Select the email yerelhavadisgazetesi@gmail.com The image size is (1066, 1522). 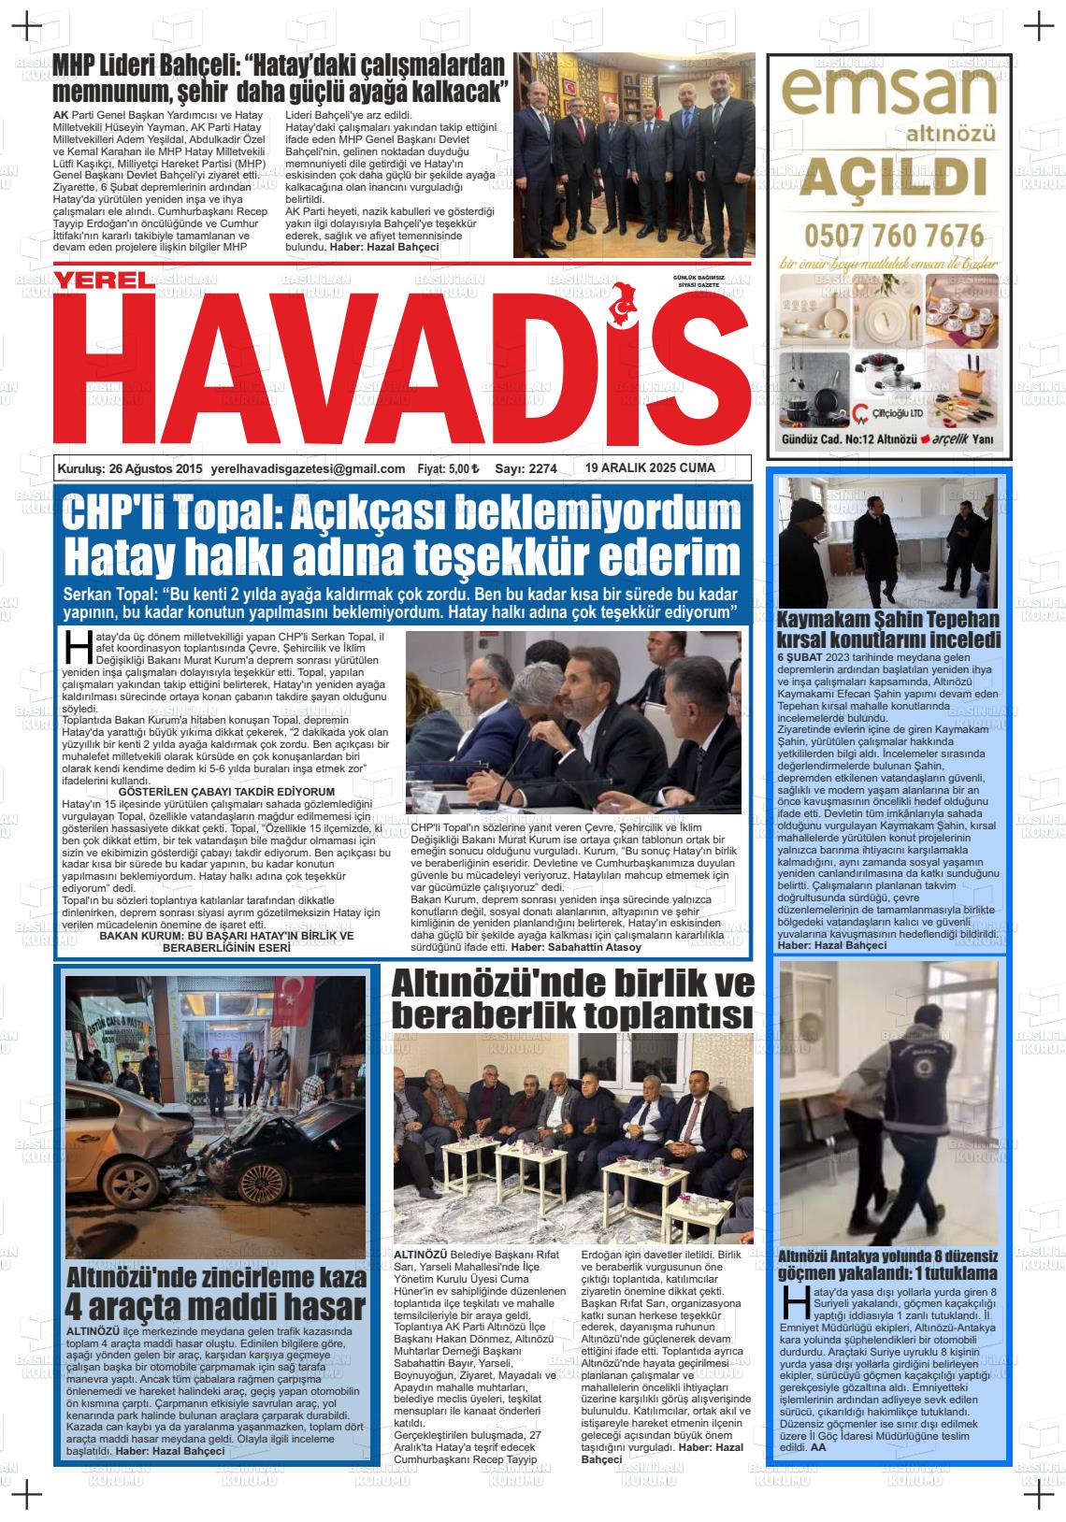[x=308, y=469]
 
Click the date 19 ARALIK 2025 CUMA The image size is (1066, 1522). [x=650, y=468]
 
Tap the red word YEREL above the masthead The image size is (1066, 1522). [x=103, y=280]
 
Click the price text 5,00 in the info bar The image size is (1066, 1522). [x=460, y=469]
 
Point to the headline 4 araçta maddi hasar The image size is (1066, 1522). [x=216, y=1306]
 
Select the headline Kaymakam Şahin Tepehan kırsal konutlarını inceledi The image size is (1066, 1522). [x=888, y=629]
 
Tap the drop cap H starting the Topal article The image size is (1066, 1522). [x=73, y=646]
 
